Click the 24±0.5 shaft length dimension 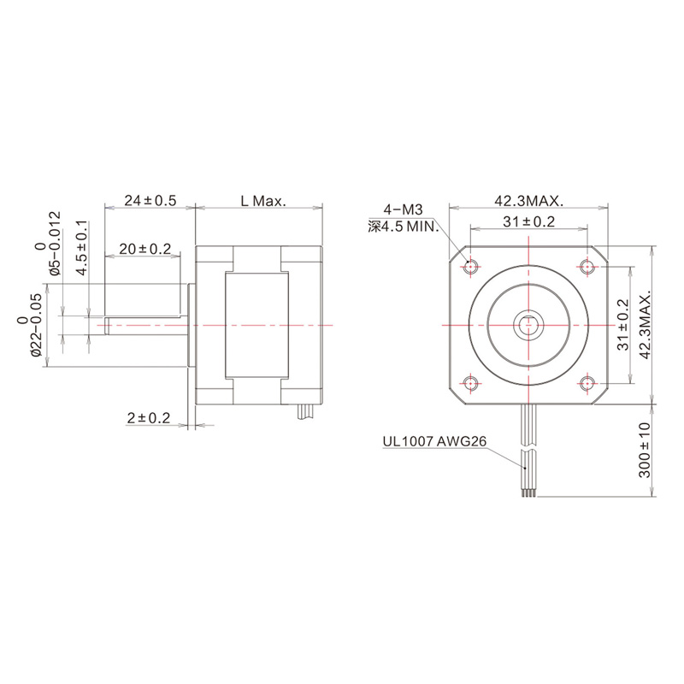150,201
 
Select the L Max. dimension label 262,201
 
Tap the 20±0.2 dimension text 145,249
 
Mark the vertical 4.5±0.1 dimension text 81,248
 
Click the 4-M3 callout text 404,209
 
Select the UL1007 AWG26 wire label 434,442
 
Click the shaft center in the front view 529,325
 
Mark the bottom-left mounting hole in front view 471,383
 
